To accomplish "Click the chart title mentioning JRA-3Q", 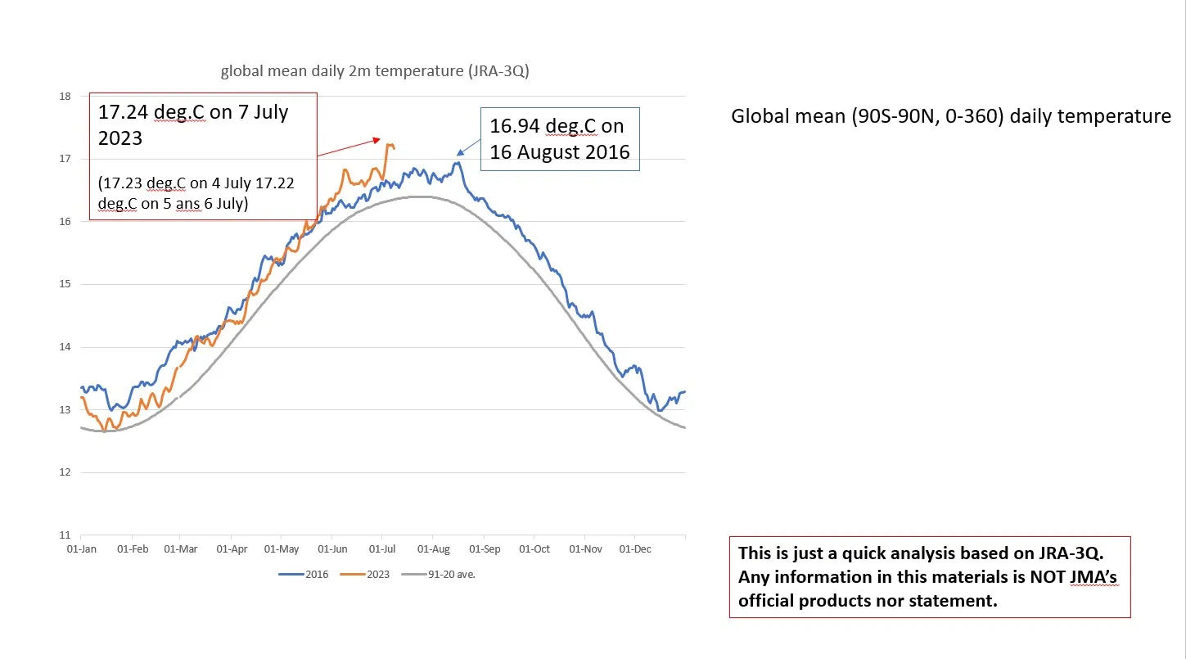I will pos(375,71).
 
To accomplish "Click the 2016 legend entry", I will pos(304,574).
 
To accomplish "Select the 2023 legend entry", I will pos(366,574).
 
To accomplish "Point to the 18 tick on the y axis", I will pos(65,96).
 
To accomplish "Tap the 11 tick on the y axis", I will pos(65,535).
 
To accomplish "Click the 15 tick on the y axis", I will pos(65,284).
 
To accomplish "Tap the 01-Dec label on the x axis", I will pos(635,549).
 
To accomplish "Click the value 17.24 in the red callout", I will pos(123,112).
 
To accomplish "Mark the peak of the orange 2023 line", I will pos(389,144).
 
